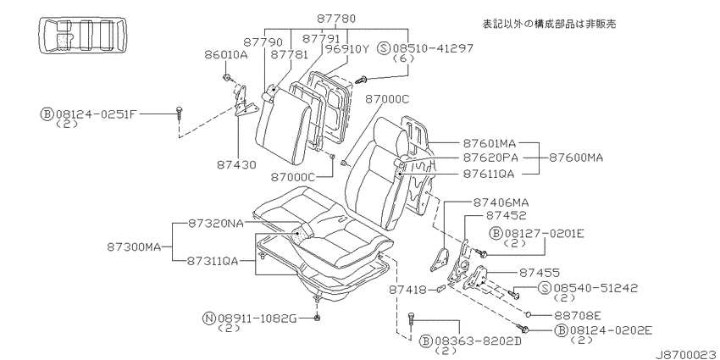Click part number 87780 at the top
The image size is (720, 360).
pos(336,19)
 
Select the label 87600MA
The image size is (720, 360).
pos(576,158)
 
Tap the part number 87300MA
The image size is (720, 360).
pos(134,247)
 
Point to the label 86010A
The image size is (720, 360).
pos(226,55)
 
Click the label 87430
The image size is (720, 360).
pos(236,165)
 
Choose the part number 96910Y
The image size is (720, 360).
pos(346,48)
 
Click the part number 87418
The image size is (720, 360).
pos(408,290)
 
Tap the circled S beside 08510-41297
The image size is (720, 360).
pos(384,48)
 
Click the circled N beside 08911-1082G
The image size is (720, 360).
pos(209,318)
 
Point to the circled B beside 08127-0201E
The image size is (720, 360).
pos(497,234)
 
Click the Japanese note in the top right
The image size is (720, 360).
pos(548,24)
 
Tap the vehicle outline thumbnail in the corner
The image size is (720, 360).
pos(83,36)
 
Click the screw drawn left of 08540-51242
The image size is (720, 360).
pos(513,294)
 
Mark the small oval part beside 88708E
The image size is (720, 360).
pos(528,314)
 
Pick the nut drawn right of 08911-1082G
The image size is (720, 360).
pos(318,318)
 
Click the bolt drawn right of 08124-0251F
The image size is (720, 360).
pos(179,113)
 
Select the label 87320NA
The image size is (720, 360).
pos(216,224)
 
